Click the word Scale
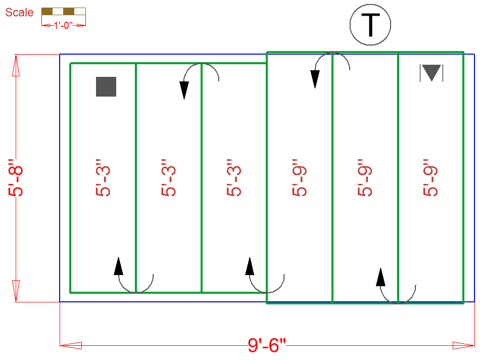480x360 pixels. click(x=19, y=12)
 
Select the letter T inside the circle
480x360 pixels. click(x=371, y=25)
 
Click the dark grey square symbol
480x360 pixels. click(x=106, y=86)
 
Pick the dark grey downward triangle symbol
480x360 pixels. click(x=431, y=73)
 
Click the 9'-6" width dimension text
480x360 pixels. click(x=267, y=346)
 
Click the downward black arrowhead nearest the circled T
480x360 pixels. click(x=315, y=79)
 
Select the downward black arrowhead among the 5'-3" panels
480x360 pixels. click(x=184, y=90)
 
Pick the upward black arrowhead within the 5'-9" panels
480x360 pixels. click(x=381, y=277)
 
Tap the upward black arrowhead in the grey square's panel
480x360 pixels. click(x=119, y=266)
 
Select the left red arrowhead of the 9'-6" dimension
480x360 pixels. click(x=71, y=345)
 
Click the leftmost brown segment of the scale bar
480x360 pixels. click(x=47, y=11)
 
